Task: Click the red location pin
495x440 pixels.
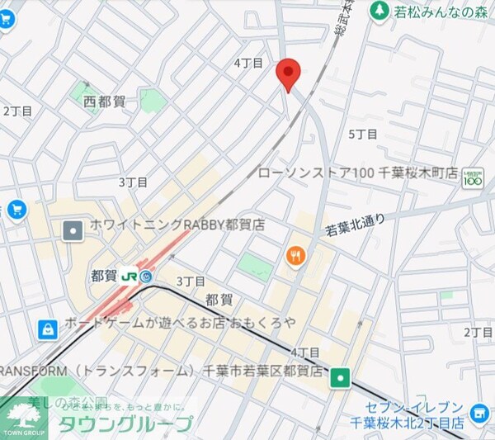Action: tap(286, 74)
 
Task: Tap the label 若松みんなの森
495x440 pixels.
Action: tap(433, 12)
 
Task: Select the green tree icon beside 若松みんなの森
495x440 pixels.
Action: tap(379, 11)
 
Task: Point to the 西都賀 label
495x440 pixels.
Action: tap(105, 102)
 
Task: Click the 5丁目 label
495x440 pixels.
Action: tap(362, 134)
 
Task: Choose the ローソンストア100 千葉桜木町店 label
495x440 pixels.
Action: tap(357, 173)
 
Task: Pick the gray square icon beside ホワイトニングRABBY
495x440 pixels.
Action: tap(73, 229)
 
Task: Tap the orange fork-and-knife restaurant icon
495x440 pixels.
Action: tap(295, 256)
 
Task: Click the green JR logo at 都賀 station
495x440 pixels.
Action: tap(130, 276)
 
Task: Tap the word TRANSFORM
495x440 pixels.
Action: tap(32, 371)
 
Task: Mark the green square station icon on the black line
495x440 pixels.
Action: tap(340, 378)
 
